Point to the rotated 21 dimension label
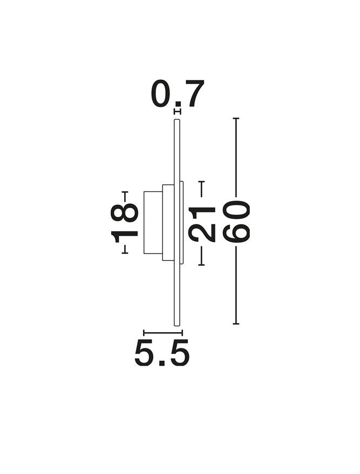click(x=201, y=225)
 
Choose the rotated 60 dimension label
click(x=236, y=222)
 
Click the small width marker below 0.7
click(x=178, y=112)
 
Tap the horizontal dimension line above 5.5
click(x=163, y=333)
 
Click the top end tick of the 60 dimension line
click(x=236, y=119)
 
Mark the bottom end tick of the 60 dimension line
click(x=236, y=324)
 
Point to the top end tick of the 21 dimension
click(x=201, y=182)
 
